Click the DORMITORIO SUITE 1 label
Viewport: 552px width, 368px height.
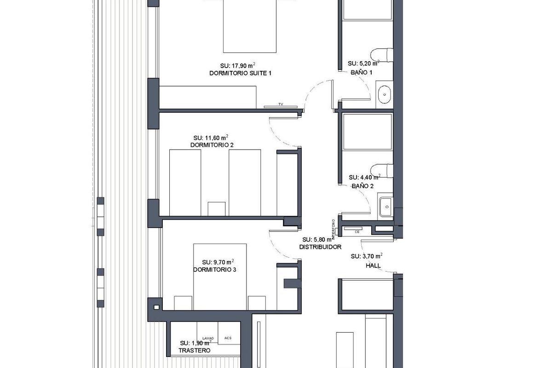[x=237, y=73]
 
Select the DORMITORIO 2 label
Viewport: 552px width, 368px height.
[x=212, y=145]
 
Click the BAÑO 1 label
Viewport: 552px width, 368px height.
[x=362, y=72]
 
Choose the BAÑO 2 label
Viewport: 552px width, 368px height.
[x=362, y=186]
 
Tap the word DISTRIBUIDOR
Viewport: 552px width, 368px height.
[x=320, y=247]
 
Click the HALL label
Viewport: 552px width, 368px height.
[x=373, y=266]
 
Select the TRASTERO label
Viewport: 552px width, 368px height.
[x=195, y=351]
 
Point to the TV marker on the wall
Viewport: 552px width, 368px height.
[x=280, y=105]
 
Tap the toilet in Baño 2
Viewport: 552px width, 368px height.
[x=385, y=170]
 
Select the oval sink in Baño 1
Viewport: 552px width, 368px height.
[x=385, y=95]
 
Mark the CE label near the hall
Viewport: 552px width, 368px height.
[x=357, y=232]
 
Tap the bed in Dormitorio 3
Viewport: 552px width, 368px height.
[x=220, y=276]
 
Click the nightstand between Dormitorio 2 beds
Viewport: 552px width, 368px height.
[x=217, y=208]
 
